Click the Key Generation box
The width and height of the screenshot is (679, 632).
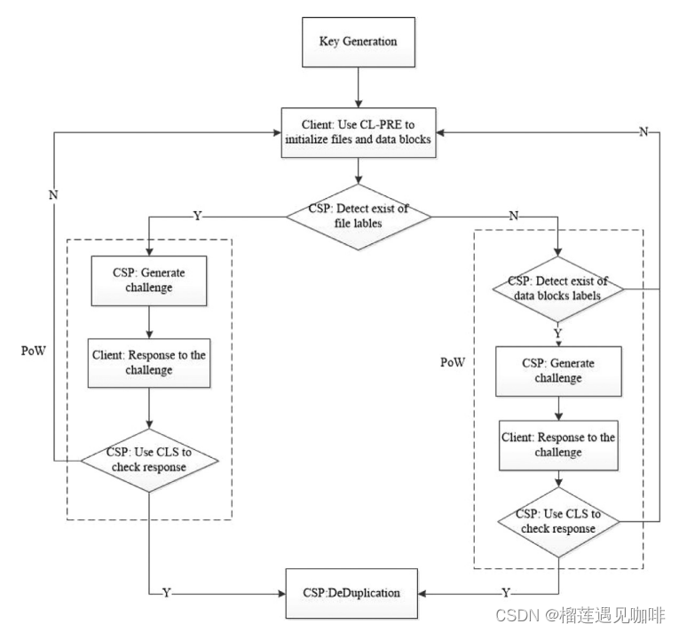pos(358,42)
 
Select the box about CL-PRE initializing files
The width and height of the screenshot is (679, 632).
pos(358,132)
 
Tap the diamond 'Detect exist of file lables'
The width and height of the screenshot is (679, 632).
pos(358,217)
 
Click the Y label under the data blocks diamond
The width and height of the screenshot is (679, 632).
pos(558,334)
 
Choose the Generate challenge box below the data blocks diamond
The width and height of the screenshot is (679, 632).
pos(558,371)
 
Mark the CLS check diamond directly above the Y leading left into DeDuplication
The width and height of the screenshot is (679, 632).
pos(558,521)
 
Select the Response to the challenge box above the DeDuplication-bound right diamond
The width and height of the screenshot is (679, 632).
pos(558,446)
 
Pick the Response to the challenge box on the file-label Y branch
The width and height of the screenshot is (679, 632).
pos(149,362)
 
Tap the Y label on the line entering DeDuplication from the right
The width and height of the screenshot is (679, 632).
pos(506,592)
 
